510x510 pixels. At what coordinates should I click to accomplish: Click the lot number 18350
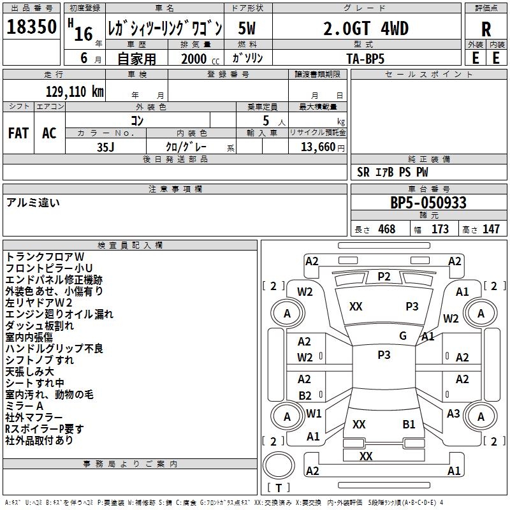(31, 28)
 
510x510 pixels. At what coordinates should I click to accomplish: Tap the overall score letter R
(486, 29)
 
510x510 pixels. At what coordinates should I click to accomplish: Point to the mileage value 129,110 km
(75, 91)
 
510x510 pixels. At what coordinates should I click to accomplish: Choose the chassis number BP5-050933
(428, 203)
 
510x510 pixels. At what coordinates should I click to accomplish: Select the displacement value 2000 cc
(194, 59)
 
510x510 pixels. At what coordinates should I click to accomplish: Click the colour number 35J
(106, 147)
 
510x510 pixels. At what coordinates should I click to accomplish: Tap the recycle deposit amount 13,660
(317, 147)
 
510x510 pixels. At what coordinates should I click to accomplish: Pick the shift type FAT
(18, 133)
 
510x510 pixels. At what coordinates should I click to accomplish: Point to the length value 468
(386, 229)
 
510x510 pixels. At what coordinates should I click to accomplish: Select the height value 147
(490, 229)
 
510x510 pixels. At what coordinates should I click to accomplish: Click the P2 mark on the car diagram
(384, 276)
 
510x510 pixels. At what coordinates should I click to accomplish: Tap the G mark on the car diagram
(403, 336)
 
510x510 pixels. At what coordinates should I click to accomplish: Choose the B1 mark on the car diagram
(409, 424)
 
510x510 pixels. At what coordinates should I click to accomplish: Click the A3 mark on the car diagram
(453, 414)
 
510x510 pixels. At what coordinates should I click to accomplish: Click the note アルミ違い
(33, 203)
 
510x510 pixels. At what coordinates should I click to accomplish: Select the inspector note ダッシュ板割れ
(40, 325)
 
